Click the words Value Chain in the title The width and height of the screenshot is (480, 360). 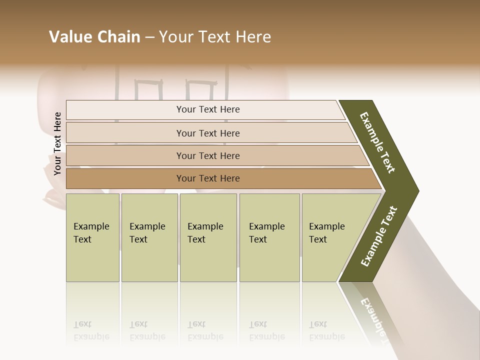94,37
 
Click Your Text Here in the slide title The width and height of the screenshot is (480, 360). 215,37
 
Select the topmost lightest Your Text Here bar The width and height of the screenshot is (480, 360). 207,109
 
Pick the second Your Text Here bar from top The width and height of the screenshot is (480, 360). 207,133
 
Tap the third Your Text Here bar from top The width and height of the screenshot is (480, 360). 207,155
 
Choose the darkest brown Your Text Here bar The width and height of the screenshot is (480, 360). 207,178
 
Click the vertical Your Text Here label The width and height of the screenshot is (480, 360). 57,143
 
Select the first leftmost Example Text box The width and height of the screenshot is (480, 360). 92,237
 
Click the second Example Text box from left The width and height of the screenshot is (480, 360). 149,237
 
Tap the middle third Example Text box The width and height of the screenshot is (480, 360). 207,237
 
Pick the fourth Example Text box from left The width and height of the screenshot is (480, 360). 269,237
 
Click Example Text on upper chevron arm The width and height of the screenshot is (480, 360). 377,142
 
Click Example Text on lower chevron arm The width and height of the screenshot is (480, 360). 378,236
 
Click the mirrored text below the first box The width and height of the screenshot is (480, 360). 91,330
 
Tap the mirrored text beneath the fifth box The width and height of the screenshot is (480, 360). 327,330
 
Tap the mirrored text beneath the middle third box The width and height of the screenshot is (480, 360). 205,330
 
